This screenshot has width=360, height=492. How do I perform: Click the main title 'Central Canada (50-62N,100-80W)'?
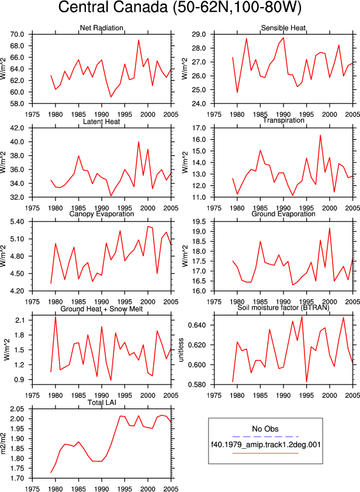(179, 8)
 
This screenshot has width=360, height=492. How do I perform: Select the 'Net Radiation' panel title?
(101, 28)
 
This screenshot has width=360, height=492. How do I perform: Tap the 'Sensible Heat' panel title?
(283, 28)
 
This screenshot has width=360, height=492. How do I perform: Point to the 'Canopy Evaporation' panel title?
(101, 214)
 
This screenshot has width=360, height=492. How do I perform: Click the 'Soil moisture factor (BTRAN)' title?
(283, 307)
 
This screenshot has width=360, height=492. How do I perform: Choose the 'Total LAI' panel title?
(102, 402)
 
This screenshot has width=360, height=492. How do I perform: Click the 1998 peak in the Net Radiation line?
(139, 40)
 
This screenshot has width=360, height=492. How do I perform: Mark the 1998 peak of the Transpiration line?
(320, 135)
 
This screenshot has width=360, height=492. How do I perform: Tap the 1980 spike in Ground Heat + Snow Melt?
(56, 317)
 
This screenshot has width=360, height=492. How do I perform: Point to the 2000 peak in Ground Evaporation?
(330, 228)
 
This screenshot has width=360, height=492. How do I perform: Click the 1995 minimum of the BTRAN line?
(306, 382)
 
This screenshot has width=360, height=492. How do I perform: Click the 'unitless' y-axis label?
(181, 350)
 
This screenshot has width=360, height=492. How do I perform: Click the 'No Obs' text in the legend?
(265, 429)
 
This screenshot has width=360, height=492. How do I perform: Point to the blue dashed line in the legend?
(265, 436)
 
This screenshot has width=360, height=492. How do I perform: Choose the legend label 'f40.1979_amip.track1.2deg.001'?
(265, 445)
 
